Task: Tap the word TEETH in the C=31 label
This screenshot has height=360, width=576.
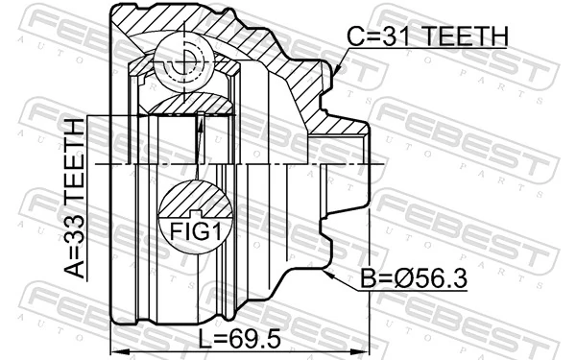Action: pos(456,36)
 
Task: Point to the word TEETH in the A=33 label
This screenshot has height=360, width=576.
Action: pos(74,169)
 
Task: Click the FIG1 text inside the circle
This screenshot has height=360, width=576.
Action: pos(196,230)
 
